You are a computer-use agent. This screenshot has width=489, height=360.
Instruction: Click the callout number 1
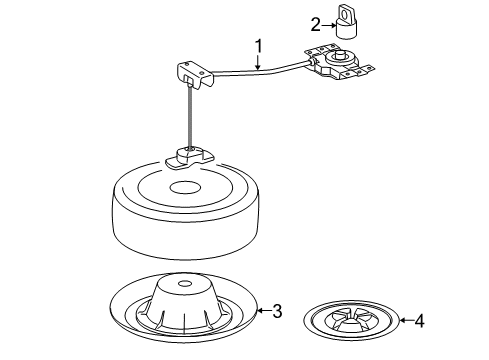(x=258, y=46)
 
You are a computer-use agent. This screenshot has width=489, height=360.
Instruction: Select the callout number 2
(x=315, y=25)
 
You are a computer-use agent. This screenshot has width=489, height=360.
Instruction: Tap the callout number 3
(x=277, y=311)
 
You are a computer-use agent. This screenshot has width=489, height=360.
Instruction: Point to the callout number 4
(x=419, y=321)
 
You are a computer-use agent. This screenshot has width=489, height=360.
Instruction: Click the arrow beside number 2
(x=329, y=25)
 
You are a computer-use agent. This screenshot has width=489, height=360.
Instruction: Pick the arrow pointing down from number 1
(x=258, y=63)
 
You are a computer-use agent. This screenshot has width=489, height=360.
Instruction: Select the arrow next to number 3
(x=264, y=311)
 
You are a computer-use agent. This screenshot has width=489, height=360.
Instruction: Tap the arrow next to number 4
(x=406, y=320)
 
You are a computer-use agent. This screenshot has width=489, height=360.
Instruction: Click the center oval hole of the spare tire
(x=186, y=187)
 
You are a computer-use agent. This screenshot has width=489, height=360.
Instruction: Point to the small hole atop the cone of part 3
(x=184, y=284)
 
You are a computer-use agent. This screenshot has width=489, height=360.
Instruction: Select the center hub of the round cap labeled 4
(x=351, y=323)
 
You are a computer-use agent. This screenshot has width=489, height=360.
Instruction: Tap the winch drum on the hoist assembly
(x=340, y=58)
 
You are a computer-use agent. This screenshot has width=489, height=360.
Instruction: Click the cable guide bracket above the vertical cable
(x=195, y=75)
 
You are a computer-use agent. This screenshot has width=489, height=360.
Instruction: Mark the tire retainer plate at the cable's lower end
(x=189, y=158)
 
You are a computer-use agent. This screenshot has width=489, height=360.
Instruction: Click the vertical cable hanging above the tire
(x=190, y=117)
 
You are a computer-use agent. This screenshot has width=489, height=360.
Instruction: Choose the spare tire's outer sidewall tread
(x=186, y=233)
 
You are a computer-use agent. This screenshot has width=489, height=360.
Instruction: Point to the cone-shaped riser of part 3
(x=184, y=302)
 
